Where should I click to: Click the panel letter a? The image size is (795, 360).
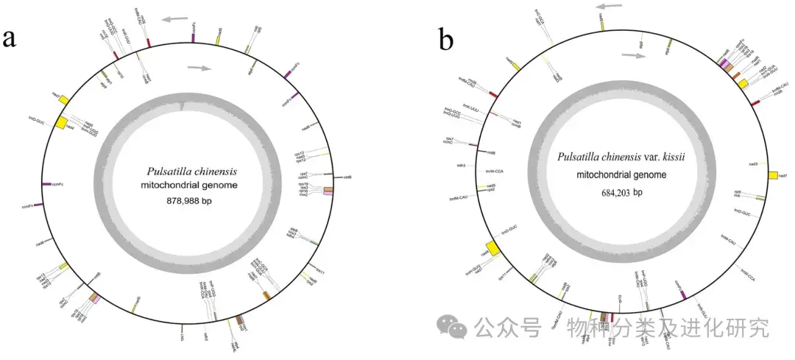click(x=10, y=38)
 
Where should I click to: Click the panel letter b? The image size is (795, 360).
click(x=446, y=39)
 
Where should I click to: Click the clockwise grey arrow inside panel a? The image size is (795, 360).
click(x=197, y=68)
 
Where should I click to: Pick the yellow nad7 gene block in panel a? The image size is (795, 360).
click(x=63, y=99)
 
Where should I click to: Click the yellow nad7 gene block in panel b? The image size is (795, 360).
click(x=772, y=175)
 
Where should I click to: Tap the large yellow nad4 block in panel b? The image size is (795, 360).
click(x=490, y=250)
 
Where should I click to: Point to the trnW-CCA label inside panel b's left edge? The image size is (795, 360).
click(x=494, y=171)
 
